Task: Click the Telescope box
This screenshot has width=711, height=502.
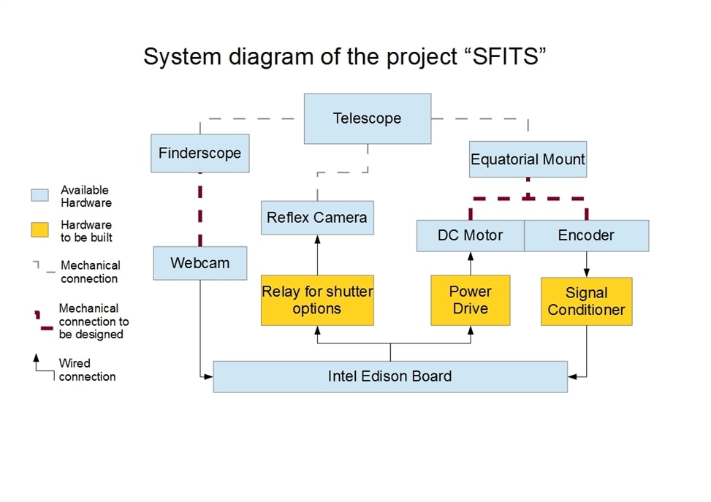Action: pos(368,119)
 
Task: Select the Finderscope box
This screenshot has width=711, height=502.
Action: pos(200,153)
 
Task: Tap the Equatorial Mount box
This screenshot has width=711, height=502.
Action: pos(528,159)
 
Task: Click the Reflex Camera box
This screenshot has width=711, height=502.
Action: pos(317,218)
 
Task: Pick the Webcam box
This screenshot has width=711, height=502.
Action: pos(200,263)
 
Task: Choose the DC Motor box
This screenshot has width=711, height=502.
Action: pos(470,236)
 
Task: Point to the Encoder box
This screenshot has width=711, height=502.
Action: pos(587,236)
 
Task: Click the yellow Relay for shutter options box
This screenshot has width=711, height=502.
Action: pos(317,300)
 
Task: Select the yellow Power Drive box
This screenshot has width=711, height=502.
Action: pos(470,300)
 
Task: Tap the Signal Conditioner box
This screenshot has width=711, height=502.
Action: pos(586,302)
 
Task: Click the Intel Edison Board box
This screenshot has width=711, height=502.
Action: pos(390,376)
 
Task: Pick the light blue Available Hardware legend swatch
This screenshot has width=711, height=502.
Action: pos(40,195)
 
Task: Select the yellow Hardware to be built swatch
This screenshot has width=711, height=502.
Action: pos(40,229)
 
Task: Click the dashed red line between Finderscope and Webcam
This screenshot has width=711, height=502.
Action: pos(200,210)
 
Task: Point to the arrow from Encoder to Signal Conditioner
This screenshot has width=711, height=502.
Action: pos(586,265)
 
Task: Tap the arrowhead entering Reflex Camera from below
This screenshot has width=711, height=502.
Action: pos(317,240)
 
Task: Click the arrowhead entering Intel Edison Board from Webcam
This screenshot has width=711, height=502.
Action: pos(208,376)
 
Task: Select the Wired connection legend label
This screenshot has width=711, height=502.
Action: pos(87,370)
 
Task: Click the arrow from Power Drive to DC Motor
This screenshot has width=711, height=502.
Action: pos(470,264)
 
